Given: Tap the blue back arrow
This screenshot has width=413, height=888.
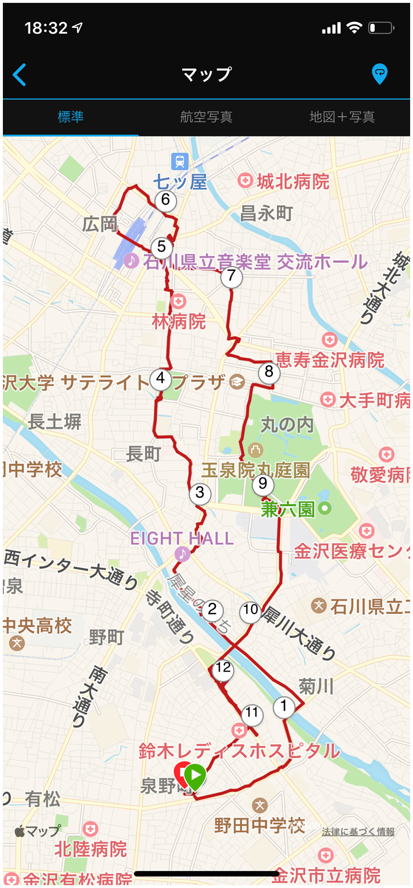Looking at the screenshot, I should (x=19, y=75).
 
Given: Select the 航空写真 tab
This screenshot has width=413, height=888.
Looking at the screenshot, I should (x=206, y=117).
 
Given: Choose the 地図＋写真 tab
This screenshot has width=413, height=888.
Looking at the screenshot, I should (x=342, y=117).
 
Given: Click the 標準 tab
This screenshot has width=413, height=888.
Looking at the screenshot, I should (x=71, y=117).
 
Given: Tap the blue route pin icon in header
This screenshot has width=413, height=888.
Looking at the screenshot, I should (x=379, y=74).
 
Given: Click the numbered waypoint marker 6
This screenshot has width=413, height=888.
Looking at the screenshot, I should (x=166, y=200).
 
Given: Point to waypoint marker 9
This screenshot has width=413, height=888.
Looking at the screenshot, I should (x=263, y=484).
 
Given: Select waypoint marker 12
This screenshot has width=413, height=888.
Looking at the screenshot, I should (x=223, y=669).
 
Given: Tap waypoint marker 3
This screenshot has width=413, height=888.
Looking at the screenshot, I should (x=199, y=493).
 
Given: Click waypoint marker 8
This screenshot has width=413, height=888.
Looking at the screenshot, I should (x=269, y=373).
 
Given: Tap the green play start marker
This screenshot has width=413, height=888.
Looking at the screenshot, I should (x=195, y=775).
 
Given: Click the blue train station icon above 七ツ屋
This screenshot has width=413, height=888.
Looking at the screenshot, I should (x=180, y=161).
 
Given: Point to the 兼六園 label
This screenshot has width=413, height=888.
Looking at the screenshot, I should (x=288, y=509).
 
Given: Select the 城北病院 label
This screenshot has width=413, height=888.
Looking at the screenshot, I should (x=293, y=182).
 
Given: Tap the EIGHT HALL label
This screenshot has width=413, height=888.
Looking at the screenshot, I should (x=182, y=539).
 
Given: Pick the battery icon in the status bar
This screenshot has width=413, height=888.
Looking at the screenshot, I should (x=381, y=27).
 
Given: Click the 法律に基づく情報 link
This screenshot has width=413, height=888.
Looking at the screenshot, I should (x=358, y=832).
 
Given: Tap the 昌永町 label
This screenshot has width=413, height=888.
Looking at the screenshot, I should (x=266, y=214).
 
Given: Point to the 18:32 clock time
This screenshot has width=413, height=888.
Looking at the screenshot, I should (x=46, y=28).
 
